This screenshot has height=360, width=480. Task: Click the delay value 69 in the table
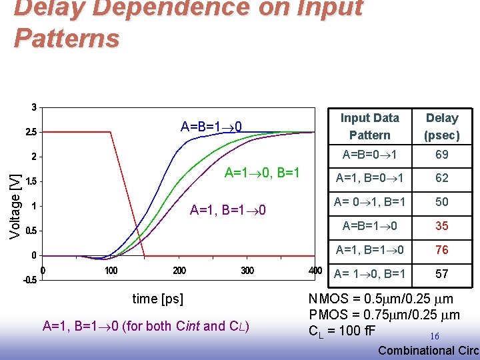tap(442, 155)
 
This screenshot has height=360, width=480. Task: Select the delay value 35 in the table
tap(442, 226)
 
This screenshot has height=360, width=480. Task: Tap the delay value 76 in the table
tap(442, 250)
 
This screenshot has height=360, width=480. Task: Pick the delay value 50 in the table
tap(442, 202)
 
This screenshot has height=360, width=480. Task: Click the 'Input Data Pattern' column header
tap(369, 126)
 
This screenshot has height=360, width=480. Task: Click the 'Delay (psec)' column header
tap(442, 126)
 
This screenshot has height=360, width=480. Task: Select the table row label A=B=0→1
tap(369, 155)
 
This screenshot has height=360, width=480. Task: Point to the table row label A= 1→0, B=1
tap(369, 274)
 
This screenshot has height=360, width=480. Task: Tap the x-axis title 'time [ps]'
tap(158, 299)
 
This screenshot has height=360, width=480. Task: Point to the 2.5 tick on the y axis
tap(31, 132)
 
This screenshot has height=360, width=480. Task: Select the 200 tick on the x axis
tap(179, 271)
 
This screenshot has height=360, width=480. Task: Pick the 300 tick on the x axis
tap(247, 271)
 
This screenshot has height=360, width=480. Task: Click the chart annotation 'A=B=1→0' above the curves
tap(211, 127)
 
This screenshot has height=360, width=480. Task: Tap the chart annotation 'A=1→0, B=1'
tap(263, 173)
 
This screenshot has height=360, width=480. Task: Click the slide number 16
tap(434, 337)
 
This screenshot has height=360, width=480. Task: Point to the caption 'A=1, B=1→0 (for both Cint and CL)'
tap(145, 326)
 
